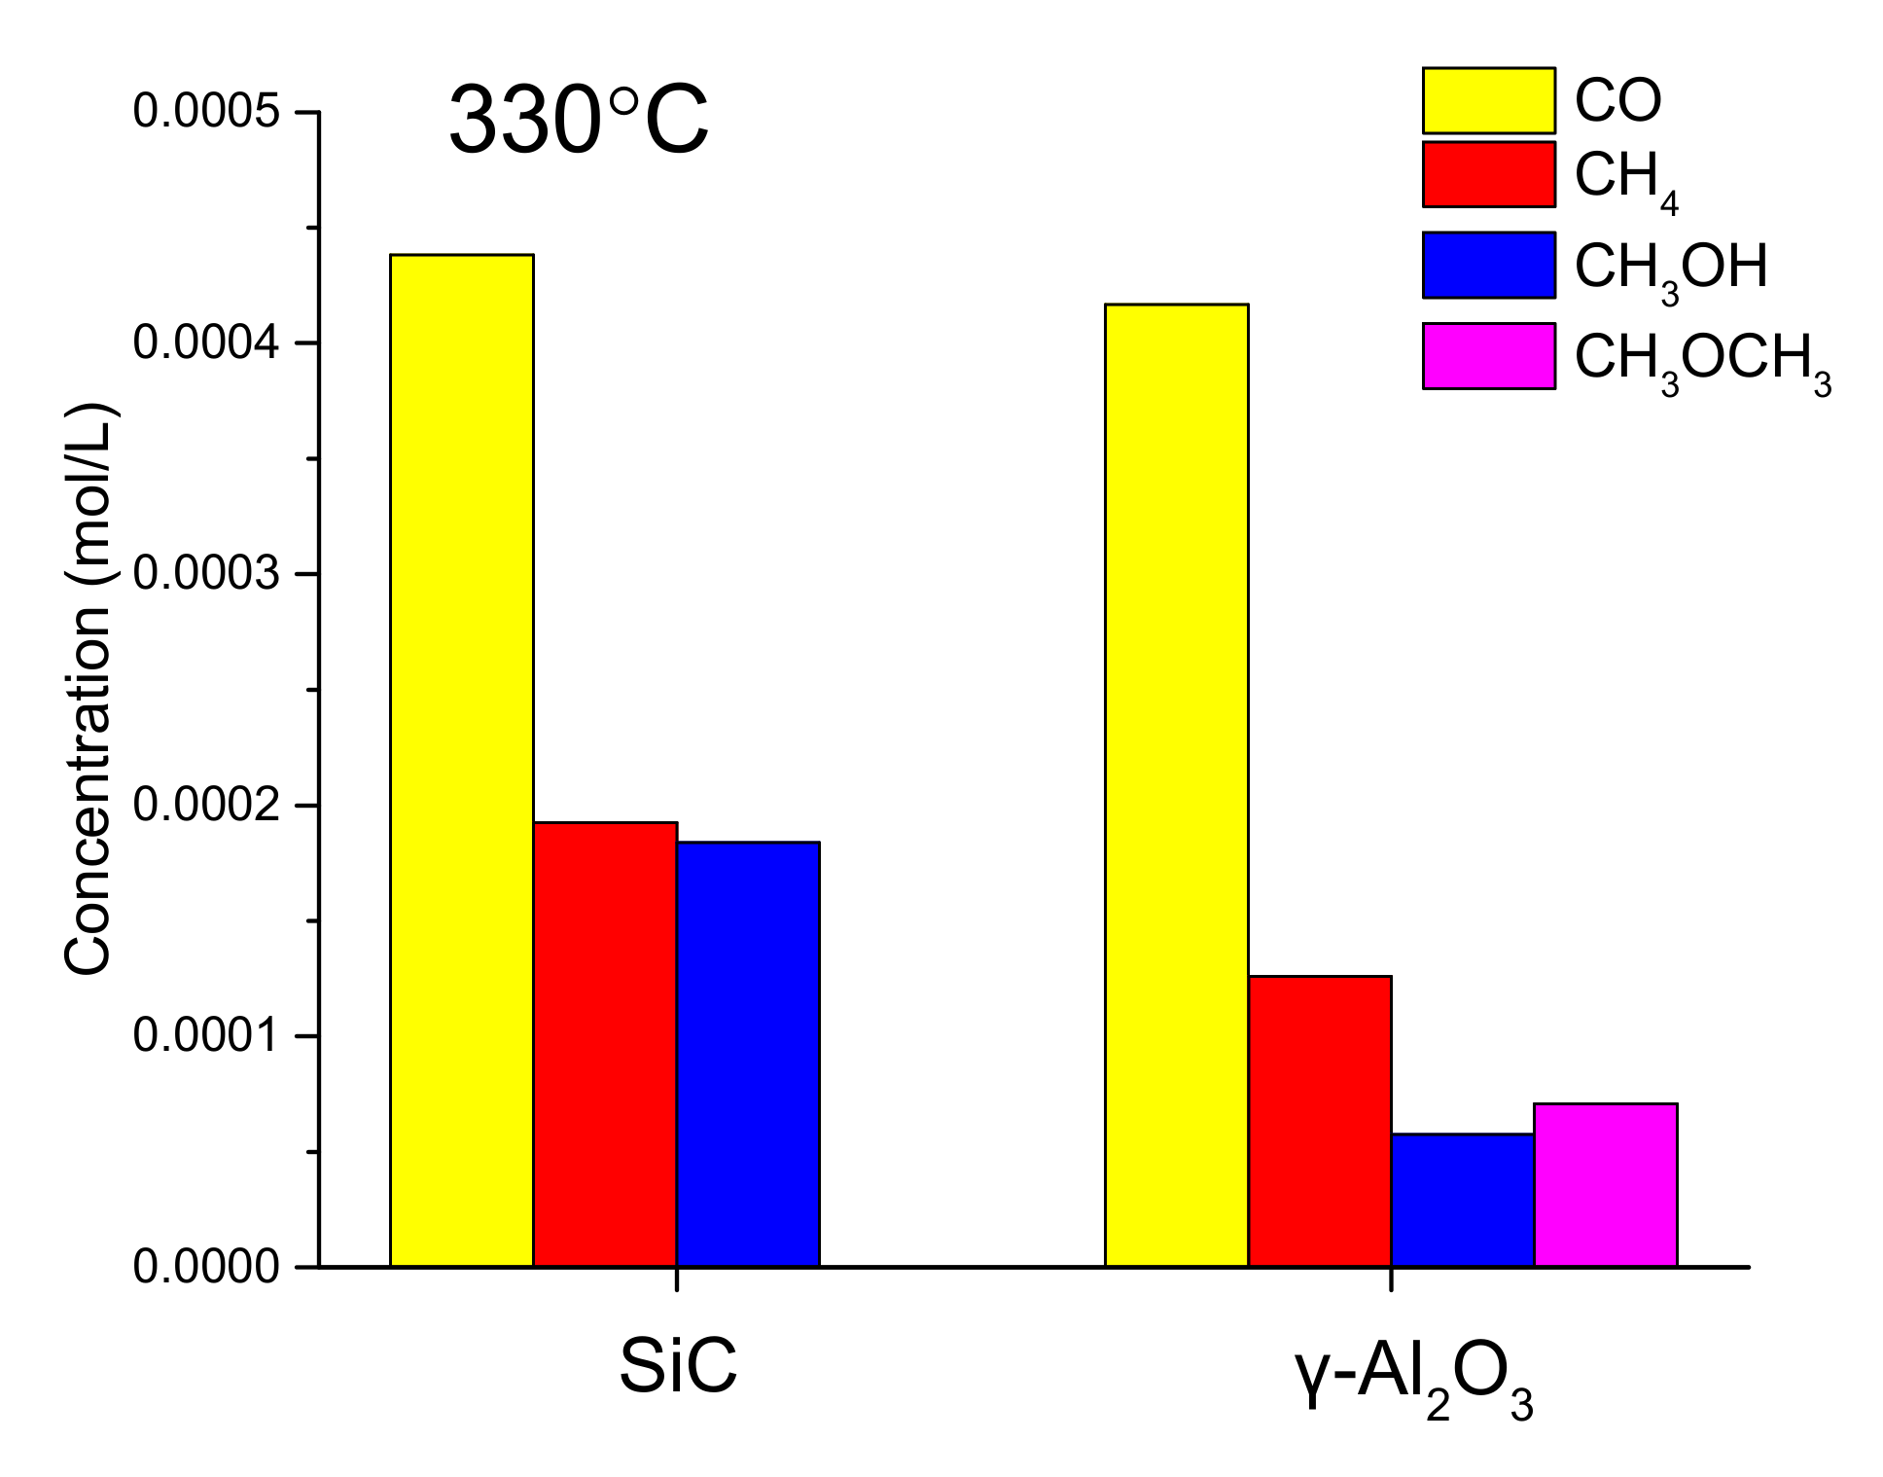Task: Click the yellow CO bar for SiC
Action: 461,760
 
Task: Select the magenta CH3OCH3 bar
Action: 1605,1184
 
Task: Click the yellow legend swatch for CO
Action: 1487,100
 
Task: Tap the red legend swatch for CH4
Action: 1487,174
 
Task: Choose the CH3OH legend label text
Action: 1669,269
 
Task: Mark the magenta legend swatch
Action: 1487,356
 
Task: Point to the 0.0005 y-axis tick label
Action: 206,112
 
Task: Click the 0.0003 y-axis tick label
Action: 206,574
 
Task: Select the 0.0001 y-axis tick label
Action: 206,1036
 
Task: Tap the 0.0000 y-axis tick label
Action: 206,1268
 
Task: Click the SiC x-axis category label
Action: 677,1368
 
